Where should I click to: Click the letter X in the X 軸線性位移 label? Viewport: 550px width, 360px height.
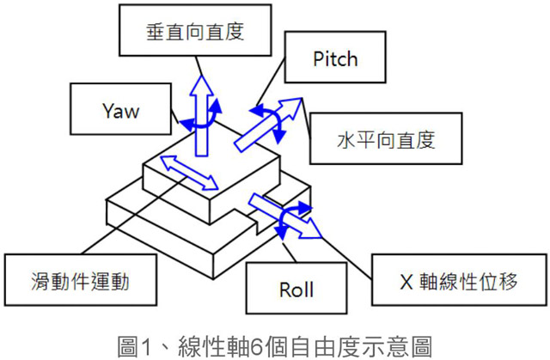coord(409,281)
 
